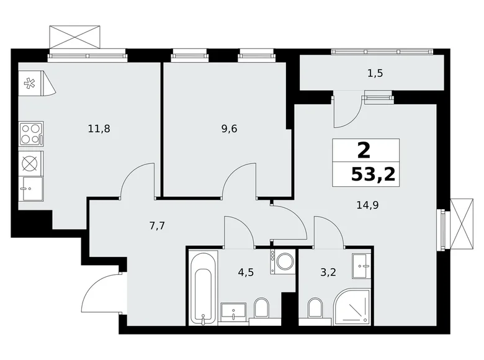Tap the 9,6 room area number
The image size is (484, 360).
tap(230, 129)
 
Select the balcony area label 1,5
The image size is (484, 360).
tap(375, 73)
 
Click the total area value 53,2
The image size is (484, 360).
tap(372, 174)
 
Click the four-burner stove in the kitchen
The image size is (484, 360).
tap(30, 133)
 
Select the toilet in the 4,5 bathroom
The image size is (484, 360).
tap(261, 308)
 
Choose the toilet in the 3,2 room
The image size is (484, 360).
tap(315, 308)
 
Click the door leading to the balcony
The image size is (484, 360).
tap(346, 109)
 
